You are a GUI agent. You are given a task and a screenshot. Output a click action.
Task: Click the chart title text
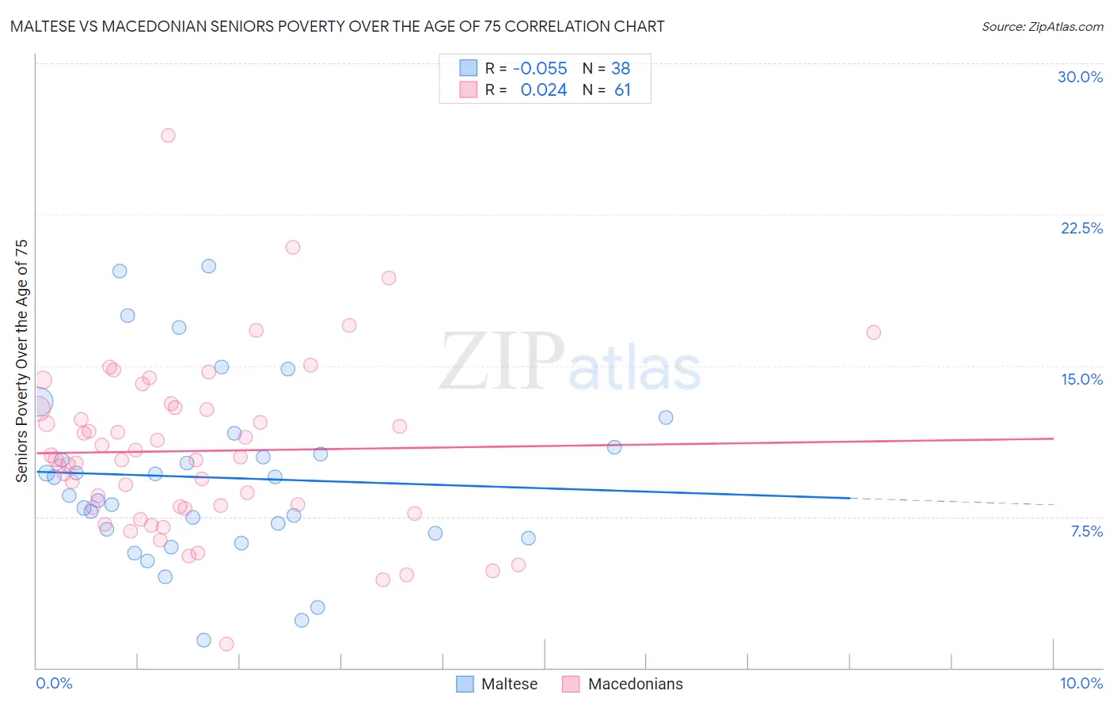[337, 26]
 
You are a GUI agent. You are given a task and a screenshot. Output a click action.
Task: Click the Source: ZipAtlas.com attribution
[1042, 26]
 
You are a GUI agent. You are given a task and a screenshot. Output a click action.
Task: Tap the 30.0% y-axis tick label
[1080, 77]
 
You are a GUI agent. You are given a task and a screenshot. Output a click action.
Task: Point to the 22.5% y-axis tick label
[1081, 228]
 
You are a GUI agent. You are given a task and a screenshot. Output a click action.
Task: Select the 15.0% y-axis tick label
[1081, 379]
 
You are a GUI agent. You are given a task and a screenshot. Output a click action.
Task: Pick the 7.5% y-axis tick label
[1086, 531]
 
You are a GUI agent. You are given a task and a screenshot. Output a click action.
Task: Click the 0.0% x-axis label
[54, 683]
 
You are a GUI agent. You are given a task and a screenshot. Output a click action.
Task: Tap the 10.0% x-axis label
[1081, 683]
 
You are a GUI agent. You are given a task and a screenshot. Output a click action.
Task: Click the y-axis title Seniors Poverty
[21, 360]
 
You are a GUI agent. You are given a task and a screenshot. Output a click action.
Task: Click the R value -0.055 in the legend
[540, 69]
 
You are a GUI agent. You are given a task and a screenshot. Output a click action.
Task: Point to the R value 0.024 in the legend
[543, 90]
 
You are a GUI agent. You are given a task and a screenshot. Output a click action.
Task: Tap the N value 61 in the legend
[622, 90]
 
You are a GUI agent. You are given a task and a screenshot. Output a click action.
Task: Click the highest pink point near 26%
[168, 135]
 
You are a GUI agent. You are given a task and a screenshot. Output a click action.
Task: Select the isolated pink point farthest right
[873, 332]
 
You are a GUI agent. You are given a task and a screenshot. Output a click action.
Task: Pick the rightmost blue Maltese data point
[666, 417]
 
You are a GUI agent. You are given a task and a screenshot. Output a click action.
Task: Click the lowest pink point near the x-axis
[226, 644]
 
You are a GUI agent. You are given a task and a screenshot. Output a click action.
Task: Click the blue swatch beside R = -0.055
[469, 69]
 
